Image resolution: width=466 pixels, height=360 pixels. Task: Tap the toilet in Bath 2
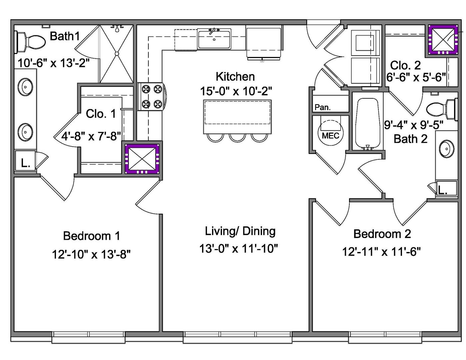(x=442, y=109)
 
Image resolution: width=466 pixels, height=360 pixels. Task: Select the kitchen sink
(x=214, y=39)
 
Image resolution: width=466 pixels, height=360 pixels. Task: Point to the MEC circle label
(x=330, y=136)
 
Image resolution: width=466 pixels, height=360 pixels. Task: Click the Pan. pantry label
(x=322, y=107)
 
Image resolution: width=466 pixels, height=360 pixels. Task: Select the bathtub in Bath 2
(x=367, y=123)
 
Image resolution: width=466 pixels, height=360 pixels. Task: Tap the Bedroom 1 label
(x=91, y=236)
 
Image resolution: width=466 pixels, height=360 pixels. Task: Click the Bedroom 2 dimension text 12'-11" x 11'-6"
(x=382, y=252)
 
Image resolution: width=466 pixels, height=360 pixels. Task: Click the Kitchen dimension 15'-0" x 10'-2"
(x=236, y=91)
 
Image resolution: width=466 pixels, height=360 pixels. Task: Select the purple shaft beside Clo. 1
(x=142, y=159)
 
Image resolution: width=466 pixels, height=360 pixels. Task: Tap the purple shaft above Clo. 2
(x=443, y=40)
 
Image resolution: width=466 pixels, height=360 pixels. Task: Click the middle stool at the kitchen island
(x=237, y=138)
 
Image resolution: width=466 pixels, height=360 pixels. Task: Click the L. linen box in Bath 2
(x=446, y=188)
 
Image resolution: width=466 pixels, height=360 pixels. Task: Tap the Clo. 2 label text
(x=405, y=65)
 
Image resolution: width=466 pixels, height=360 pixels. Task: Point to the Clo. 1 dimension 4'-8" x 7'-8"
(x=91, y=136)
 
